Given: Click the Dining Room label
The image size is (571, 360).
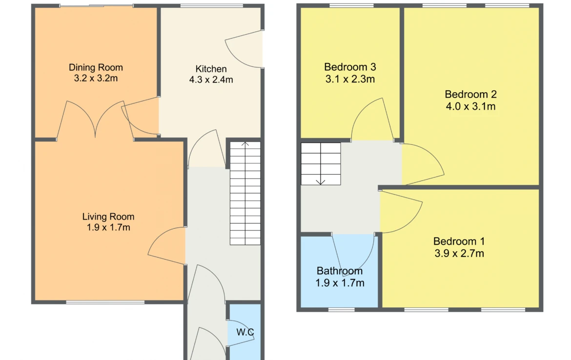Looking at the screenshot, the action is [x=96, y=67].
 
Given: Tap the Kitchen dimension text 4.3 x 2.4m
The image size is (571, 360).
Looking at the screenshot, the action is [x=211, y=80].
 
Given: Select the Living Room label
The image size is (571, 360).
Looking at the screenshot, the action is [x=108, y=217].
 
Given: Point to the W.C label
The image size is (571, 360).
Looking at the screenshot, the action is [x=245, y=332].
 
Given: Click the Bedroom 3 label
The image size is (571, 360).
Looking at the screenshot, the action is [x=350, y=67].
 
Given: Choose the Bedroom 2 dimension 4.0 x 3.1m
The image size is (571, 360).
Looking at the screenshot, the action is [x=470, y=106].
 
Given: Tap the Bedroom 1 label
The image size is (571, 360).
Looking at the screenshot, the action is [x=459, y=241].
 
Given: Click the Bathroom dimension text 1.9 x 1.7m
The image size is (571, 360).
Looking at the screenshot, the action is [x=340, y=283].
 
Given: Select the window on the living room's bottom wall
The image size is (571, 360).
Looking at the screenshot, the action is [x=105, y=302].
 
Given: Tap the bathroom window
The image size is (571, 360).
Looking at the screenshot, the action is [x=341, y=310].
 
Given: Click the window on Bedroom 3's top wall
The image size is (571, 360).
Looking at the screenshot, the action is [x=351, y=5].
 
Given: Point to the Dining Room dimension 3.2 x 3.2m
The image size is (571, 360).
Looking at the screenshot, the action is [x=96, y=78].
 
